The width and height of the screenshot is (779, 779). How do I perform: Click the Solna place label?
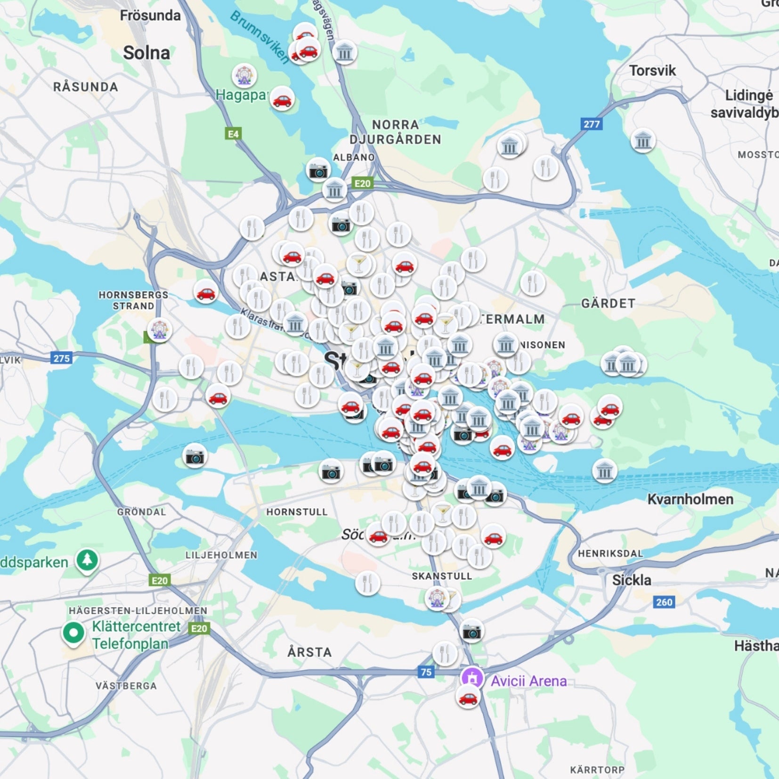click(146, 53)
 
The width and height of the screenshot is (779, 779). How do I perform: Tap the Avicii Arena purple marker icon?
click(472, 678)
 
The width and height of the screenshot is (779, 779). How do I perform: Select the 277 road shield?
click(592, 124)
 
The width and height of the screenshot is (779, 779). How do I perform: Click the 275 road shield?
click(61, 358)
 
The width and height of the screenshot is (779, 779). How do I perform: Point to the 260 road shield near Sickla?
click(664, 602)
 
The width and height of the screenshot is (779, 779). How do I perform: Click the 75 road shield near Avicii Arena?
click(426, 672)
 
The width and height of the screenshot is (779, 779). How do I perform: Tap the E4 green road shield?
click(233, 134)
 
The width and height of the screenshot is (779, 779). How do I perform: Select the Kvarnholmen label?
click(690, 499)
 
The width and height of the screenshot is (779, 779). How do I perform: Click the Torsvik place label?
click(652, 71)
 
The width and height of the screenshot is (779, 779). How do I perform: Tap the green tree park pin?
click(87, 560)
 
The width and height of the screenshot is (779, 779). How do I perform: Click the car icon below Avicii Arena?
click(468, 697)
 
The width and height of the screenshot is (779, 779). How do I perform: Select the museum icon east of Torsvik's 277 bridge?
click(643, 140)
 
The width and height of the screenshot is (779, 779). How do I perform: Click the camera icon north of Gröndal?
click(195, 456)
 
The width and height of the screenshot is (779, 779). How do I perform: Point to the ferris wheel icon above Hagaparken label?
click(244, 75)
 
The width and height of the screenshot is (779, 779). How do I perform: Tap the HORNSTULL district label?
click(297, 512)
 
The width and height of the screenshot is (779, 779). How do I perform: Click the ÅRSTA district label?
click(309, 652)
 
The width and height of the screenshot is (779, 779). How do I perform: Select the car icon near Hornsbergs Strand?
click(206, 292)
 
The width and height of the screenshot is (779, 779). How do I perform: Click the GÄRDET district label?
click(608, 303)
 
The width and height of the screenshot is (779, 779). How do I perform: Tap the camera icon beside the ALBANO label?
click(318, 170)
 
